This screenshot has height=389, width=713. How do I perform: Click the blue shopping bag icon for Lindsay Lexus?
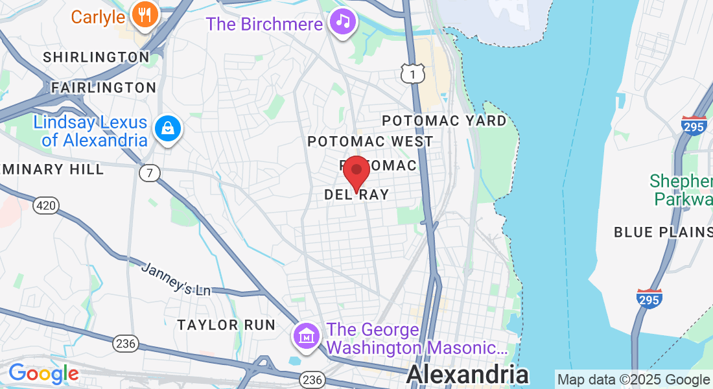pyautogui.click(x=169, y=128)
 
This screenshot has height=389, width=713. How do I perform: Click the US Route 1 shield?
pyautogui.click(x=412, y=74)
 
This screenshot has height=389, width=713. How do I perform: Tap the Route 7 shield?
pyautogui.click(x=149, y=173)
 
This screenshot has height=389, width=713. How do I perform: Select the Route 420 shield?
pyautogui.click(x=47, y=206)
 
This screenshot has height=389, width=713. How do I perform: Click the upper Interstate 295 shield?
pyautogui.click(x=694, y=125)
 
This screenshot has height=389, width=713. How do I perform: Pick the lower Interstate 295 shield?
pyautogui.click(x=649, y=298)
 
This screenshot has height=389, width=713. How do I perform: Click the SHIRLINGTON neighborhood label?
pyautogui.click(x=97, y=57)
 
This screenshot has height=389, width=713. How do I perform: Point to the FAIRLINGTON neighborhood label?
pyautogui.click(x=104, y=88)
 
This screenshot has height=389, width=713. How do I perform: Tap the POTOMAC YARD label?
pyautogui.click(x=444, y=121)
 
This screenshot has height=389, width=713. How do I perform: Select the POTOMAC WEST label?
pyautogui.click(x=370, y=141)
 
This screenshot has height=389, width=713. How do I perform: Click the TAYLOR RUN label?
pyautogui.click(x=227, y=325)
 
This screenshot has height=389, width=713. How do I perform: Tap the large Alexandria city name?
pyautogui.click(x=467, y=375)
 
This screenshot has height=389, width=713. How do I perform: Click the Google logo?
pyautogui.click(x=43, y=373)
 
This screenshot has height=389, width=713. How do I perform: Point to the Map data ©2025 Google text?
pyautogui.click(x=633, y=380)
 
